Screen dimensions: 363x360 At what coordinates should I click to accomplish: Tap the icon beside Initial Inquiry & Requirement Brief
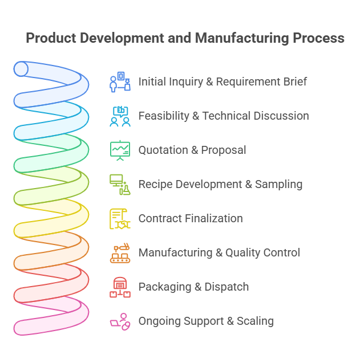click(x=120, y=81)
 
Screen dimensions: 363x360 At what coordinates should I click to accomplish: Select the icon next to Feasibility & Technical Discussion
click(x=120, y=116)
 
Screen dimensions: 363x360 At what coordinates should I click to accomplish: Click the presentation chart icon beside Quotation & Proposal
click(x=120, y=150)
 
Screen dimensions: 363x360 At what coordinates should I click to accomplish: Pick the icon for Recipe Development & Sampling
click(x=120, y=185)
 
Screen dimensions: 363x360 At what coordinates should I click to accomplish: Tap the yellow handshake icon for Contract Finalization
click(x=120, y=219)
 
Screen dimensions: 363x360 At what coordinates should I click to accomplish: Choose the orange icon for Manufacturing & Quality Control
click(x=120, y=253)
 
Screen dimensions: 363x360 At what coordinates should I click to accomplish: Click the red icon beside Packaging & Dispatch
click(x=120, y=287)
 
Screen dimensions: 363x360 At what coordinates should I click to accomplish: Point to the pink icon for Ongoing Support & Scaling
click(x=120, y=321)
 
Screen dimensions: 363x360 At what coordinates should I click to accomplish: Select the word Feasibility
click(x=164, y=116)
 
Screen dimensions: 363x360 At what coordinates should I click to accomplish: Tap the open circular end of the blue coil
click(x=21, y=69)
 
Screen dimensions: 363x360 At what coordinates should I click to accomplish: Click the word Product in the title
click(x=51, y=38)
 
